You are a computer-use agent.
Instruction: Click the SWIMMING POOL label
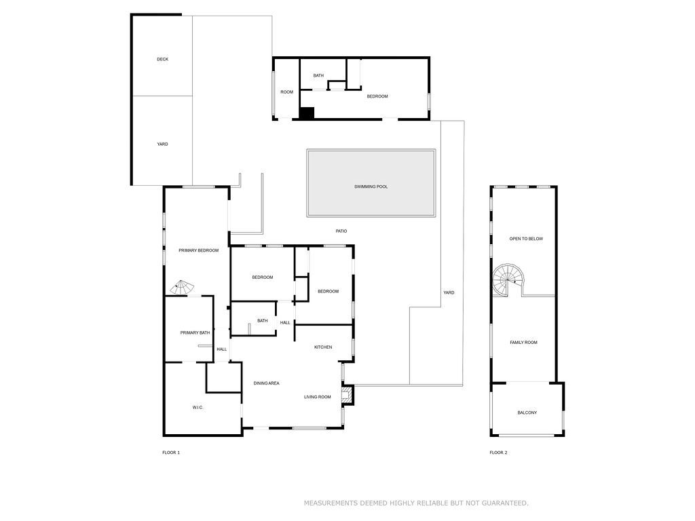[x=371, y=187]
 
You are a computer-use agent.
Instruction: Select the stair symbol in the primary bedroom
[x=181, y=287]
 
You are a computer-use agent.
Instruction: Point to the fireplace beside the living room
[x=347, y=395]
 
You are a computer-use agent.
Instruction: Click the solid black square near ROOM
[x=307, y=114]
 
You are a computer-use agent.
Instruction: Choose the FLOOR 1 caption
[x=171, y=452]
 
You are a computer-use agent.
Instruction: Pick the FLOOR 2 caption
[x=498, y=452]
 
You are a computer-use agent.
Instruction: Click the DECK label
[x=162, y=60]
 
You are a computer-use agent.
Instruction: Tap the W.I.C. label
[x=198, y=407]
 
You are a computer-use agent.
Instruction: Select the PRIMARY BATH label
[x=195, y=333]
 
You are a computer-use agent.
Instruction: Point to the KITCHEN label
[x=323, y=347]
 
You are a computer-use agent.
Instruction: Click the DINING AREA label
[x=266, y=384]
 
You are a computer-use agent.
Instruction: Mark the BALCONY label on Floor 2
[x=527, y=412]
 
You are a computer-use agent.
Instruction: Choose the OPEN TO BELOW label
[x=526, y=239]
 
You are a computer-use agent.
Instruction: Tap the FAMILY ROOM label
[x=523, y=343]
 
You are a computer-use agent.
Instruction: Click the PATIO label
[x=341, y=231]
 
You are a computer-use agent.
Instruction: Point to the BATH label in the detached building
[x=318, y=76]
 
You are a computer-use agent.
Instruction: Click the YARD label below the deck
[x=162, y=144]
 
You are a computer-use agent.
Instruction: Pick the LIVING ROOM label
[x=317, y=397]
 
